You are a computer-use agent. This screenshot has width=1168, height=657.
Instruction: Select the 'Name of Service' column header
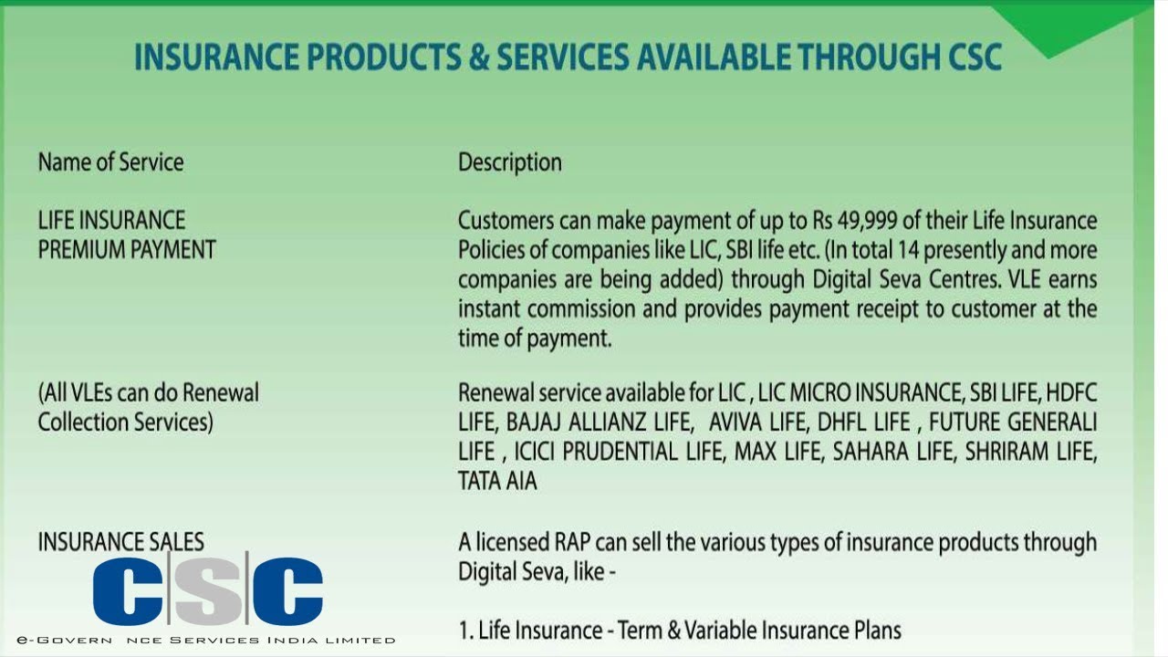110,162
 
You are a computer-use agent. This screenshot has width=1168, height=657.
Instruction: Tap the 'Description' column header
510,162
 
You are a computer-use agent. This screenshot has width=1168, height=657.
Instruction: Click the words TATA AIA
497,481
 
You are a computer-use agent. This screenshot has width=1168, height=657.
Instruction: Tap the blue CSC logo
207,590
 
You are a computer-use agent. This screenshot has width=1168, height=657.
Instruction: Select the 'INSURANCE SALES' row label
120,542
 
